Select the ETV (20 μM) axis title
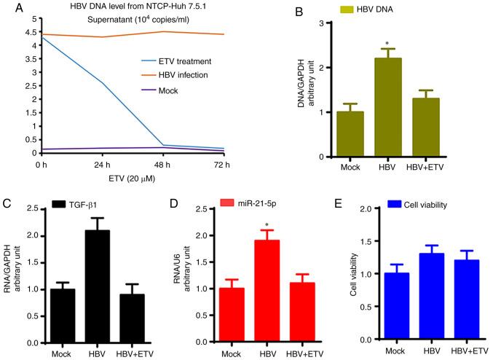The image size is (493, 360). point(117,178)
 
